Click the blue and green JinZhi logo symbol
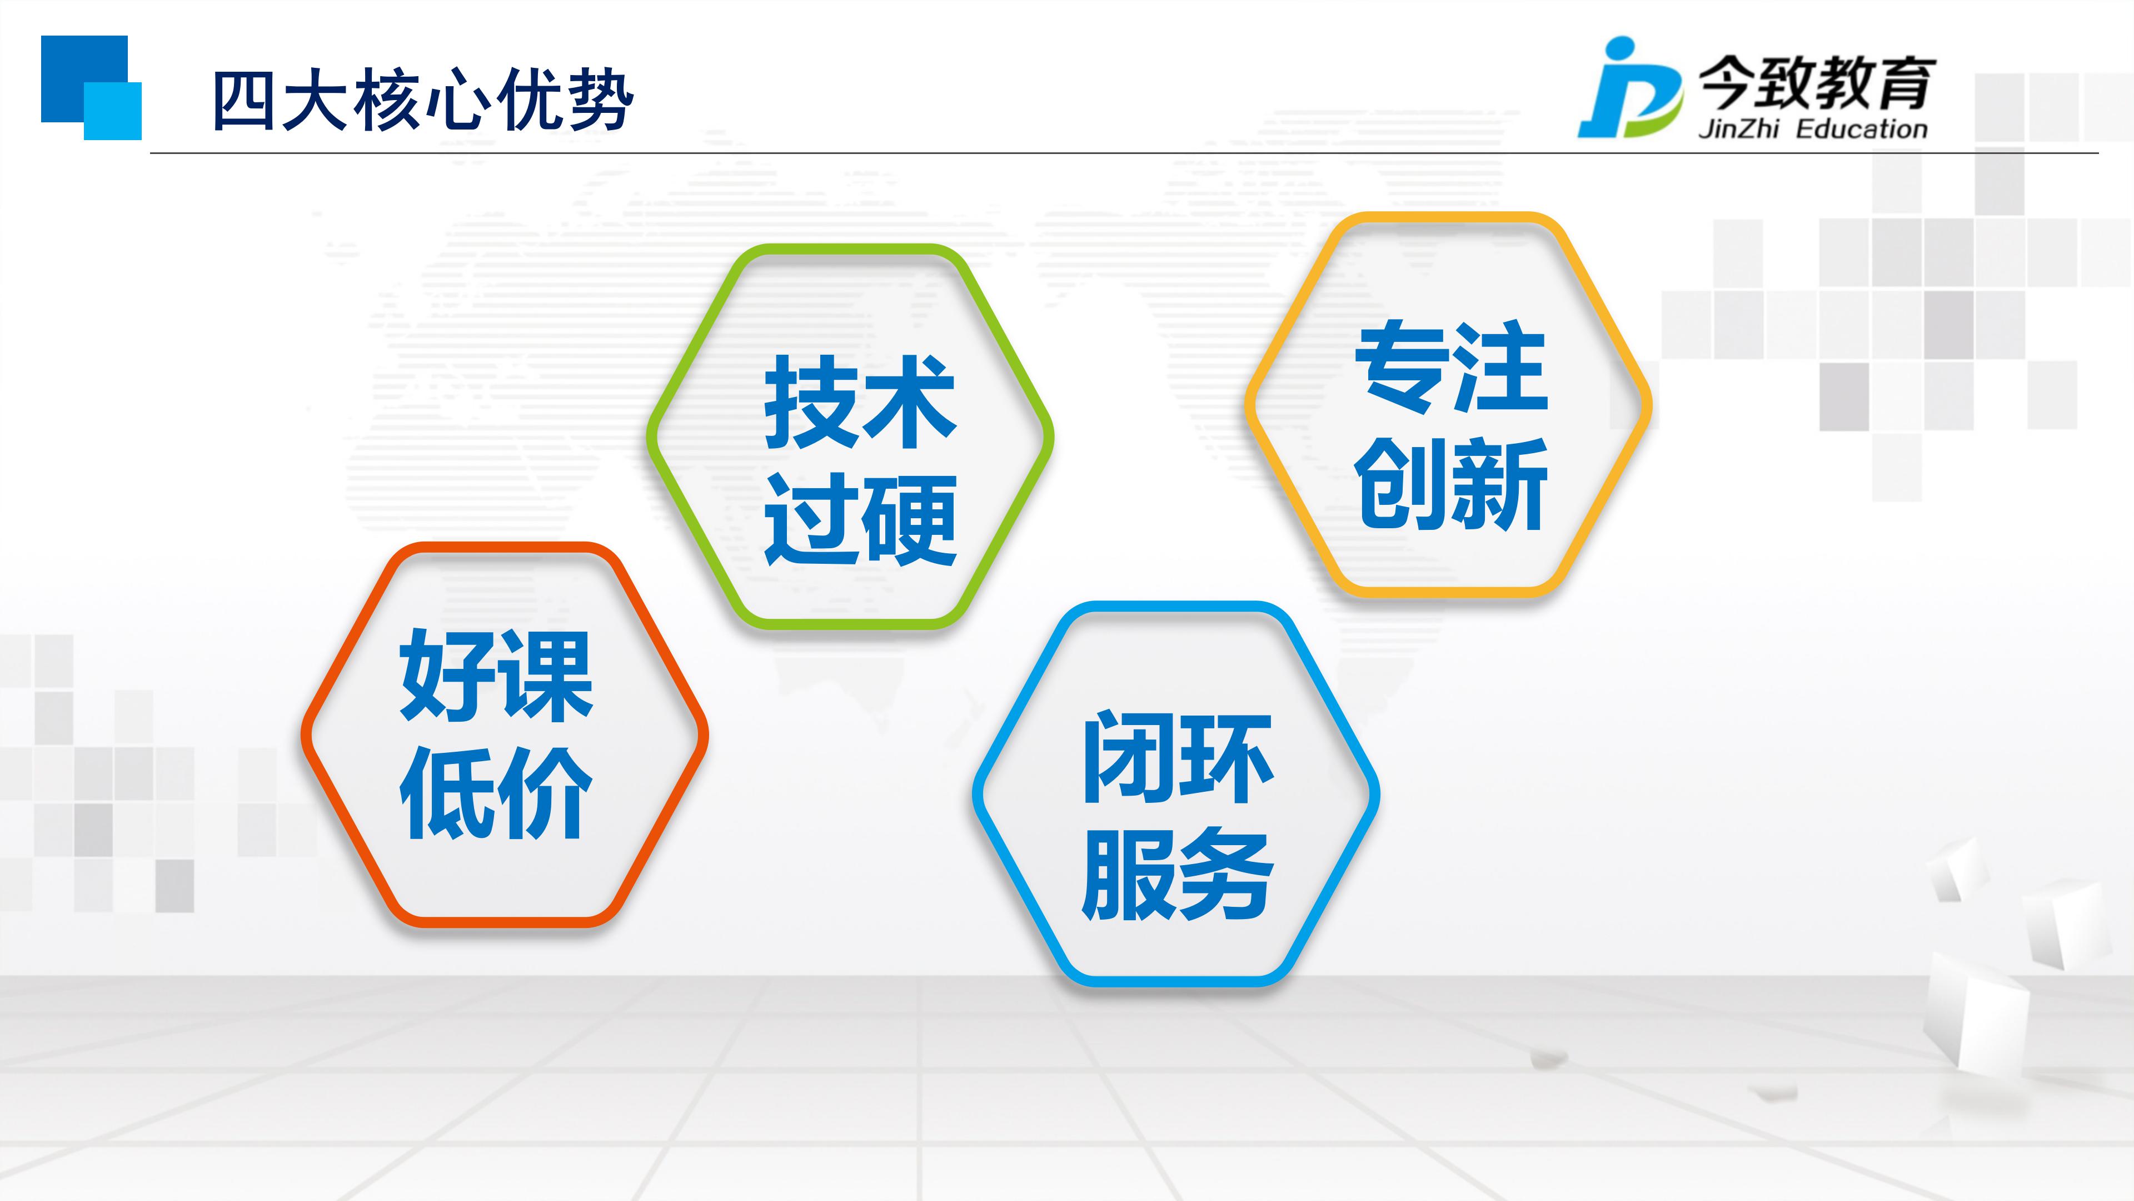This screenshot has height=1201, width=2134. pyautogui.click(x=1629, y=87)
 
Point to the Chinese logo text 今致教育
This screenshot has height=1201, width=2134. pyautogui.click(x=1816, y=83)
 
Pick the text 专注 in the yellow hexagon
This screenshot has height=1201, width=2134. pyautogui.click(x=1452, y=366)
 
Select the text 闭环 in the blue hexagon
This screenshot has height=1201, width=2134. pyautogui.click(x=1178, y=758)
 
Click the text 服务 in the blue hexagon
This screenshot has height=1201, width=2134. pyautogui.click(x=1178, y=875)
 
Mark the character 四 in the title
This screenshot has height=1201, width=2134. pyautogui.click(x=245, y=101)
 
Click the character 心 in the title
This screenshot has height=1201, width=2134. pyautogui.click(x=458, y=101)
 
